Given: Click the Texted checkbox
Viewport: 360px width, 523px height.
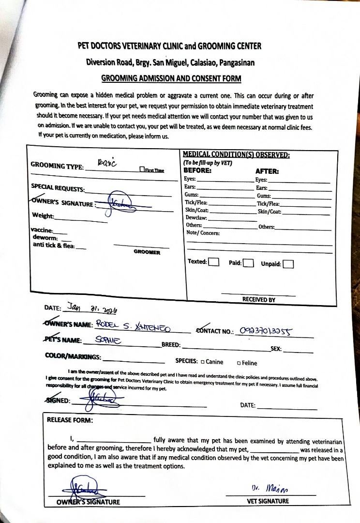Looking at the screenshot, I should pos(214,262).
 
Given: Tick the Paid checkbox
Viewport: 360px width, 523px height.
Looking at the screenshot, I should pos(248,263).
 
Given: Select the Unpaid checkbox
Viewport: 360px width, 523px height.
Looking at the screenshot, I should pos(288,264).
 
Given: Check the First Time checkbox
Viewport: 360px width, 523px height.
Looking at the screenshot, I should pos(142,169).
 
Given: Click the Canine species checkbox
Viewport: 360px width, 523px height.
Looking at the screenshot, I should pos(202,362).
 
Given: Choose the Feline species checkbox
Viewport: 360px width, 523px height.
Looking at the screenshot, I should pos(239,363).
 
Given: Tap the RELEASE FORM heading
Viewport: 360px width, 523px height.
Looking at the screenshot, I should pos(70,420).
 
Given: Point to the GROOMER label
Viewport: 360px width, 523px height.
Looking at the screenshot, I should pos(147,252).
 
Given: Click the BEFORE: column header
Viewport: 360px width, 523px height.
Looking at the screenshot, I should pos(197,170).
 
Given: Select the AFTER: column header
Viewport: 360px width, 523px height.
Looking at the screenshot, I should pos(267,171).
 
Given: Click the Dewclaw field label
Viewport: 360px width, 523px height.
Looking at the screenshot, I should pos(196,218).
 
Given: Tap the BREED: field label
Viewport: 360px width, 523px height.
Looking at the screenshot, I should pos(171,345).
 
